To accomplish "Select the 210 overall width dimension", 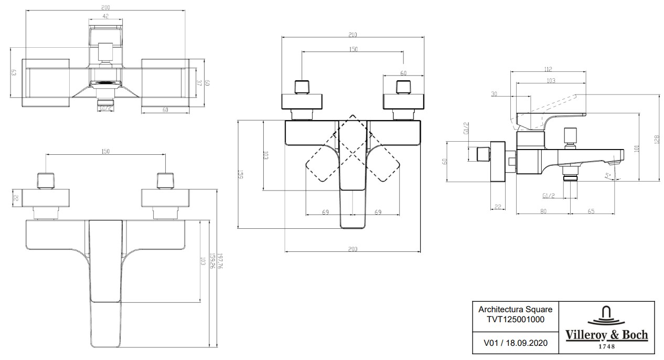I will coord(352,35).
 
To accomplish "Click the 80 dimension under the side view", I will coord(543,211).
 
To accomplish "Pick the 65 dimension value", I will coord(591,211).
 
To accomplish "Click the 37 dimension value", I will coord(199,83).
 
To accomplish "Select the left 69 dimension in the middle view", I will coord(325,212).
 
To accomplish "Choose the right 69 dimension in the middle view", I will coord(378,212).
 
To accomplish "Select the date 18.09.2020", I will coord(524,343).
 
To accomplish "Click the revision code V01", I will coord(491,343).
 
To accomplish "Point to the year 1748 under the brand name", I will coord(606,346).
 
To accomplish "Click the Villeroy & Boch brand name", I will coord(606,335).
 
